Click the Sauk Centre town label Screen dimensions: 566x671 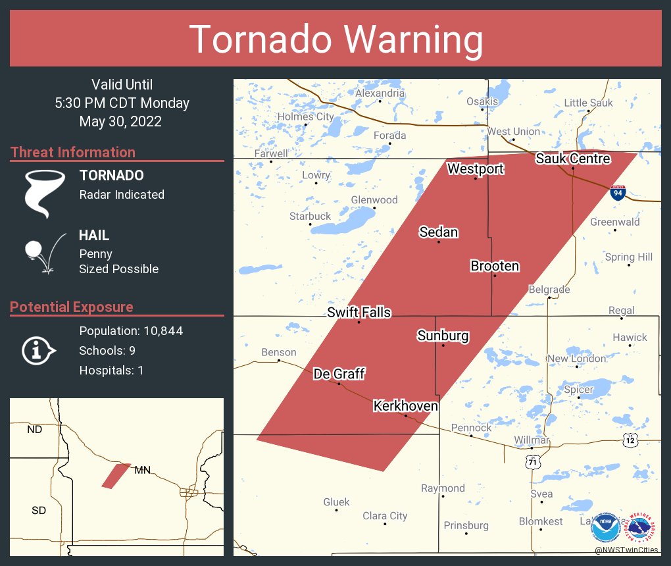(572, 159)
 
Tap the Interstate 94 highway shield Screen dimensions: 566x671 (616, 192)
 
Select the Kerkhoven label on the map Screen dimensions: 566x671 (405, 406)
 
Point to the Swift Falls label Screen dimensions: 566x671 (359, 313)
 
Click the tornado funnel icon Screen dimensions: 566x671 (44, 193)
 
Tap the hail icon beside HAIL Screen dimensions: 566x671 (43, 253)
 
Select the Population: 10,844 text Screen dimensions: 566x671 (131, 331)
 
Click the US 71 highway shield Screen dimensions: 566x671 (532, 463)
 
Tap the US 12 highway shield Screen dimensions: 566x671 (630, 438)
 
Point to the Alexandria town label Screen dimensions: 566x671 (380, 93)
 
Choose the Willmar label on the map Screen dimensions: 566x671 (530, 440)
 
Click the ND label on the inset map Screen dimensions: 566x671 (34, 430)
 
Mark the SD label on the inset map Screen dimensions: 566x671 (38, 510)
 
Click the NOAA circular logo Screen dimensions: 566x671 (605, 527)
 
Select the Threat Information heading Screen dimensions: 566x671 (73, 152)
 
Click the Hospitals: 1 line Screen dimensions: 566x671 (111, 371)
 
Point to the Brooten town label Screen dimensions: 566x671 (495, 267)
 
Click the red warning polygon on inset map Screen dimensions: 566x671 (116, 475)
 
